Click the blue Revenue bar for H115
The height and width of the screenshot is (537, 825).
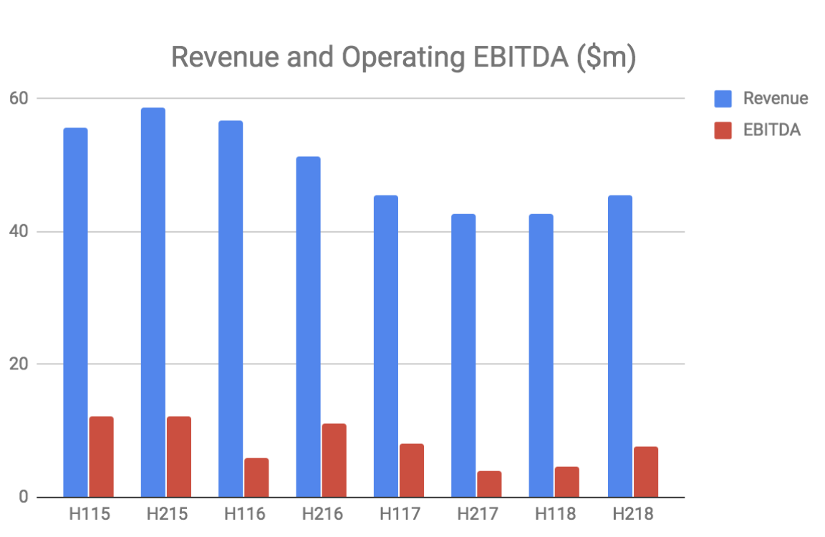click(x=75, y=312)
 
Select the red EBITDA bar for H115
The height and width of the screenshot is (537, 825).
click(x=102, y=457)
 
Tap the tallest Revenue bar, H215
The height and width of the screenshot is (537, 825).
click(x=153, y=302)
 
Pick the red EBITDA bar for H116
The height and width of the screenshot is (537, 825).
click(x=256, y=478)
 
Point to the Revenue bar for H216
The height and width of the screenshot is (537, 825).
click(x=308, y=326)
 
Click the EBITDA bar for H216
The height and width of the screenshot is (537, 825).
click(x=334, y=460)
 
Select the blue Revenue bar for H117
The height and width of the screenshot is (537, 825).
click(x=386, y=346)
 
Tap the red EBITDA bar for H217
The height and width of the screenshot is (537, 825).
click(x=489, y=484)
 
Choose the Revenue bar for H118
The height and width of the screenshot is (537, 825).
click(x=541, y=355)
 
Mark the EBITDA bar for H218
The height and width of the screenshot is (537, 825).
click(x=646, y=472)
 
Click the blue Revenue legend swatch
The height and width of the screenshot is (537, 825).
click(x=723, y=99)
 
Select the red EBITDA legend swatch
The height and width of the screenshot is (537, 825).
click(x=723, y=130)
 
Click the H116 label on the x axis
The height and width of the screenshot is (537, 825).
click(x=244, y=514)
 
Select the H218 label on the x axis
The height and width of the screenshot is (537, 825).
click(x=632, y=514)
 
